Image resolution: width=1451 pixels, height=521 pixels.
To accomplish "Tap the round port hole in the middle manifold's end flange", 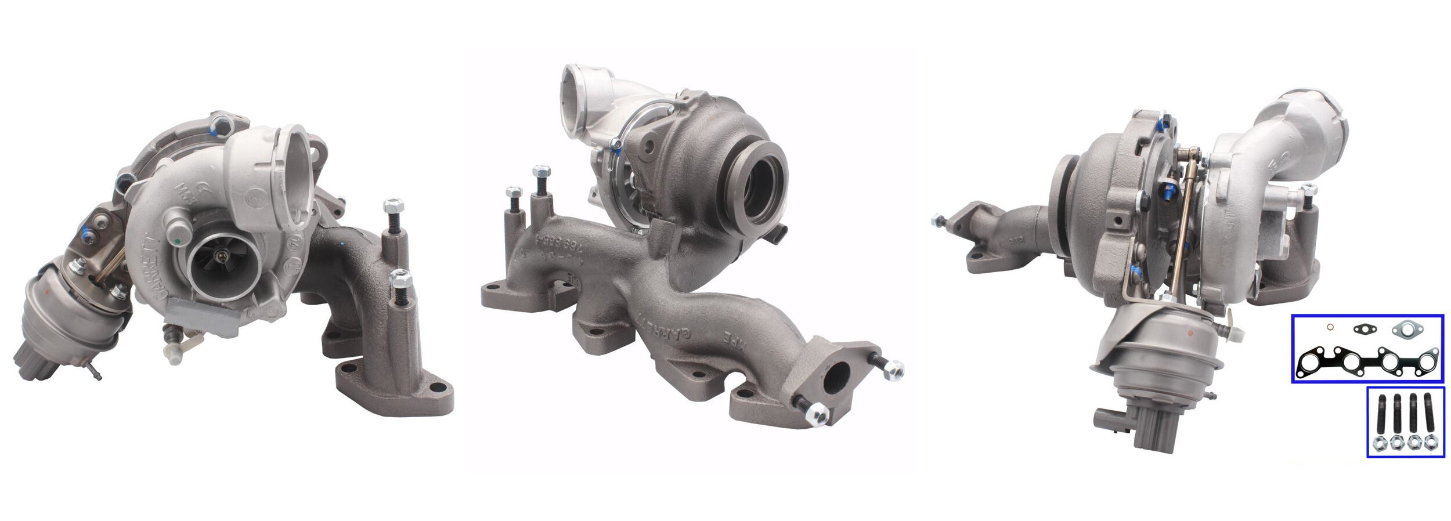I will [836, 379].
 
